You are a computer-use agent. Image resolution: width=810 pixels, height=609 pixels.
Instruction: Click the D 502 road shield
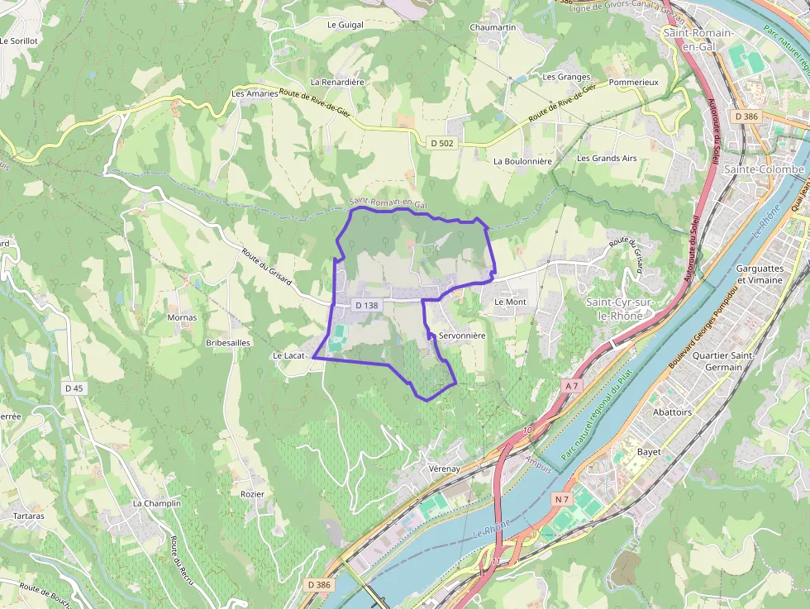(442, 143)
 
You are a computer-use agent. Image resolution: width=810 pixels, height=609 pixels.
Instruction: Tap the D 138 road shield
(366, 305)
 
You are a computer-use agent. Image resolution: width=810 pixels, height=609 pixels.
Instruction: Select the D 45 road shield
(74, 388)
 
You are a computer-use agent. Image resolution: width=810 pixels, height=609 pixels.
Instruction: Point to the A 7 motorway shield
(573, 385)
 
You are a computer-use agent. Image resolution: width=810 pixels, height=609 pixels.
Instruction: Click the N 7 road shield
(562, 498)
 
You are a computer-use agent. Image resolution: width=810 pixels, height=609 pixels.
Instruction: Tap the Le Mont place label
(510, 302)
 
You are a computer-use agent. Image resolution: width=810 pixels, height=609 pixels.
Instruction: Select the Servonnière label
(462, 336)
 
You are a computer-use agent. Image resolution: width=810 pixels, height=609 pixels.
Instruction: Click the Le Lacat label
(289, 355)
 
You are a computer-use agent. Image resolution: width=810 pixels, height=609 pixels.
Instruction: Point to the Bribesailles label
(228, 342)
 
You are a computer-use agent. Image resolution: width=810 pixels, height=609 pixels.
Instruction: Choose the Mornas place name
(182, 317)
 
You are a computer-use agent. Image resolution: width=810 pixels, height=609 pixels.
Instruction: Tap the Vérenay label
(444, 469)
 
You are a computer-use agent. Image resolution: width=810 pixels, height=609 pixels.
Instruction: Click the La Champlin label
(156, 503)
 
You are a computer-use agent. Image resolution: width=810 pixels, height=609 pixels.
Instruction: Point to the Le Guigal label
(345, 25)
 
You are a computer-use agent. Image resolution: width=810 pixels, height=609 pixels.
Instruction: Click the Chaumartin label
(493, 27)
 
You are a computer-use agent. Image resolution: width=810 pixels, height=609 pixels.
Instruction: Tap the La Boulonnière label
(522, 161)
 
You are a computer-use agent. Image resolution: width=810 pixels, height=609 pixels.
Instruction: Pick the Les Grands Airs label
(607, 158)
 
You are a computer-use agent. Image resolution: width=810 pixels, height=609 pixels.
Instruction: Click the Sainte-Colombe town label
(764, 169)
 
